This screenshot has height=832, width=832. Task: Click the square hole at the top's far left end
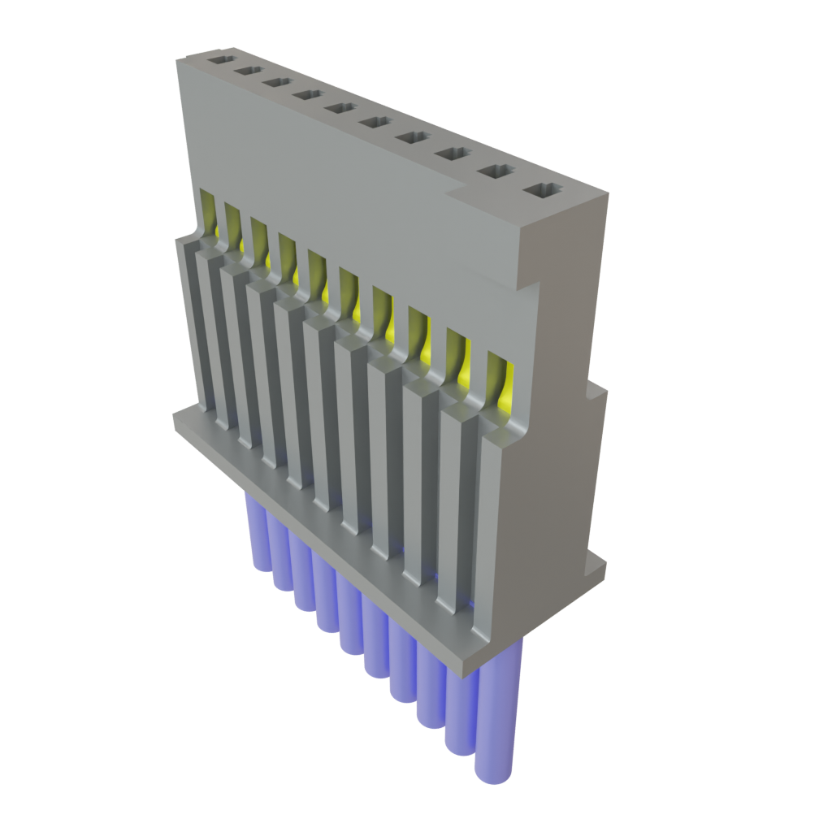tap(219, 59)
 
